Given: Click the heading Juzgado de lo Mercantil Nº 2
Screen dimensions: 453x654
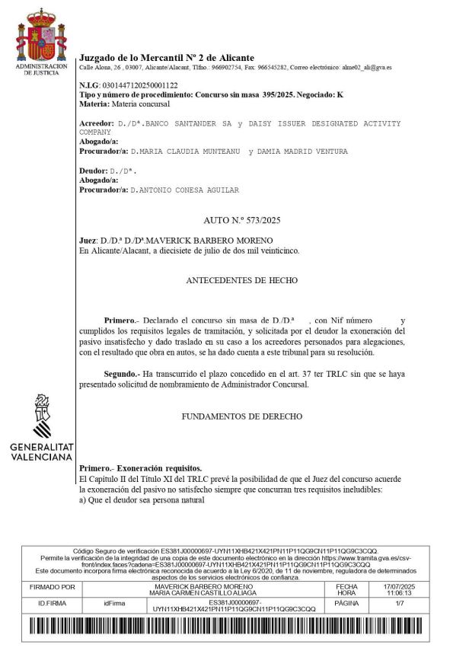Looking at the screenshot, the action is (167, 58).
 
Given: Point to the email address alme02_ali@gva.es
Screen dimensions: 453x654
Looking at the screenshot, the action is (368, 68).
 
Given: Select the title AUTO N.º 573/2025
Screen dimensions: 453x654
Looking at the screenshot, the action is (242, 221).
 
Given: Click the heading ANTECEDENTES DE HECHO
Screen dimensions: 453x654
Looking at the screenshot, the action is (241, 281).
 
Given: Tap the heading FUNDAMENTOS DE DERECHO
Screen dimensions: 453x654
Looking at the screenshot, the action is (242, 416).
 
